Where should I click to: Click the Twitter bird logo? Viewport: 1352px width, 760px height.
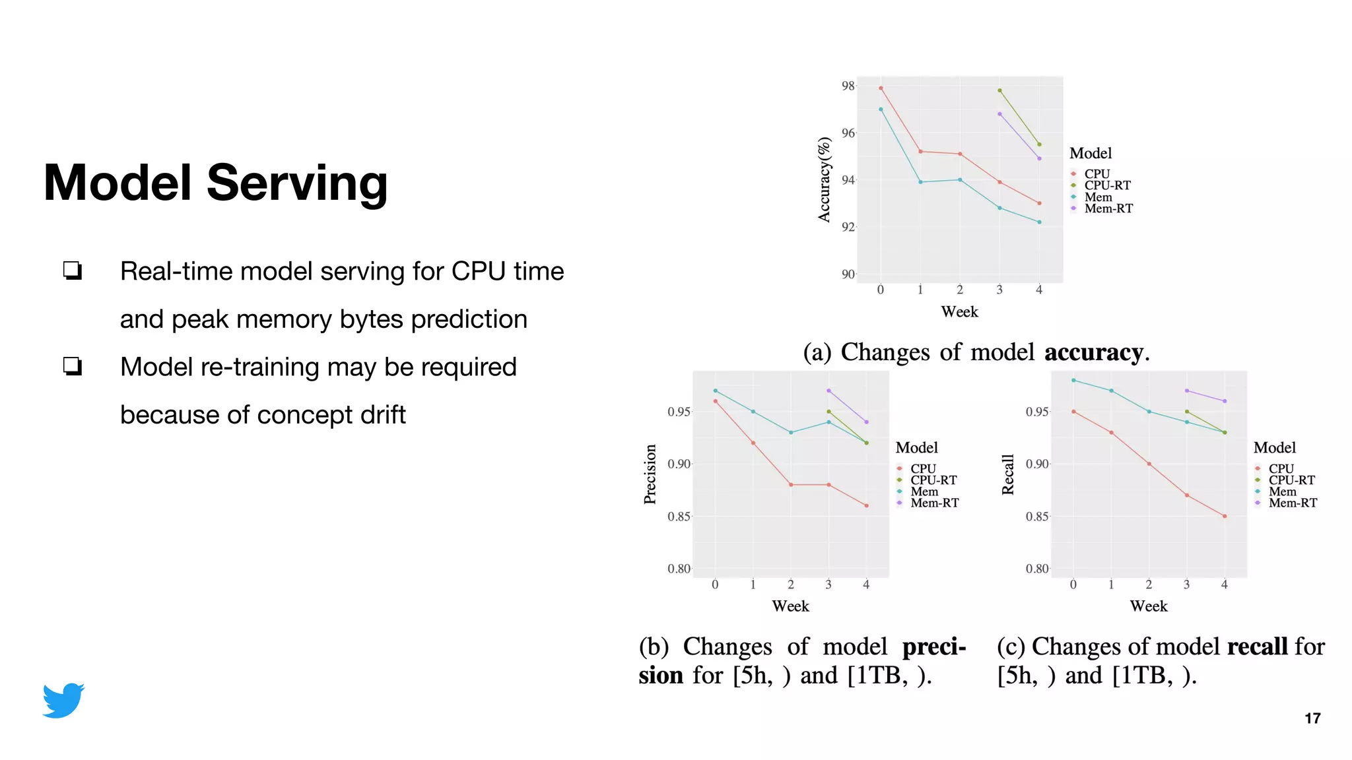(x=63, y=701)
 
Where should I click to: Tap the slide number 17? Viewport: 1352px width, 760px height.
(x=1312, y=718)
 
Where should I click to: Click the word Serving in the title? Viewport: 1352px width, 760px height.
(x=297, y=183)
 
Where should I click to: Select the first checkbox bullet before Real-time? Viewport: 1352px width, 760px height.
(x=73, y=270)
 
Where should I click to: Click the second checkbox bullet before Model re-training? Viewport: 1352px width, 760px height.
(x=73, y=366)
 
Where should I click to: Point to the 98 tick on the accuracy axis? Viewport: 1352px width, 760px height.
(x=847, y=86)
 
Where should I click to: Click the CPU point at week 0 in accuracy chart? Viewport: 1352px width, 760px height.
(x=881, y=88)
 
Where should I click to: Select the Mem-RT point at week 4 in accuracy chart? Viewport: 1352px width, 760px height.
(x=1039, y=158)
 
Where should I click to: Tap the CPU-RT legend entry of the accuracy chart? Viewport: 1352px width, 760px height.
(x=1107, y=185)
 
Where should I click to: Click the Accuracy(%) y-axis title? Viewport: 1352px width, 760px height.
(x=824, y=179)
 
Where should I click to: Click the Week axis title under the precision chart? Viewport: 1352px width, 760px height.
(x=790, y=606)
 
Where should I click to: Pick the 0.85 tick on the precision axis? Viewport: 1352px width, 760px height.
(x=679, y=516)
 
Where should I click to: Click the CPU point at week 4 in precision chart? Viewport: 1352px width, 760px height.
(x=866, y=506)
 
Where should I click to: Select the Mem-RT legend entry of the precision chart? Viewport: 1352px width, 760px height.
(x=934, y=503)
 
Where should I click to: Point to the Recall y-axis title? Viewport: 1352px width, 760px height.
(x=1007, y=474)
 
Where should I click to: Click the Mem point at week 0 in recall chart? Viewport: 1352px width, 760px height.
(x=1073, y=380)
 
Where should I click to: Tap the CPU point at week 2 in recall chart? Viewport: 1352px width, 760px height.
(x=1149, y=464)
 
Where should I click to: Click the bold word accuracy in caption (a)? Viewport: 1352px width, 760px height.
(x=1093, y=352)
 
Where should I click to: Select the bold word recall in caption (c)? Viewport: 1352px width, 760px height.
(x=1257, y=647)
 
